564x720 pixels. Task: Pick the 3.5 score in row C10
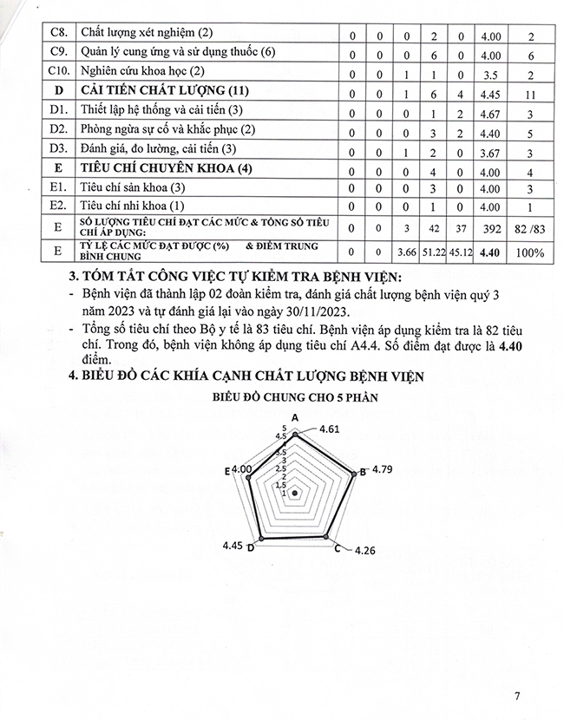(x=489, y=72)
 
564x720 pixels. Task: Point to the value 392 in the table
(x=489, y=228)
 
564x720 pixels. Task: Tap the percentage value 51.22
(x=431, y=252)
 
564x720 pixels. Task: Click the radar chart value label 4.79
(x=382, y=470)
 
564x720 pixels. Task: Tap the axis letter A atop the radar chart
(x=295, y=419)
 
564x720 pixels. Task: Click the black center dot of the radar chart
(x=295, y=493)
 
